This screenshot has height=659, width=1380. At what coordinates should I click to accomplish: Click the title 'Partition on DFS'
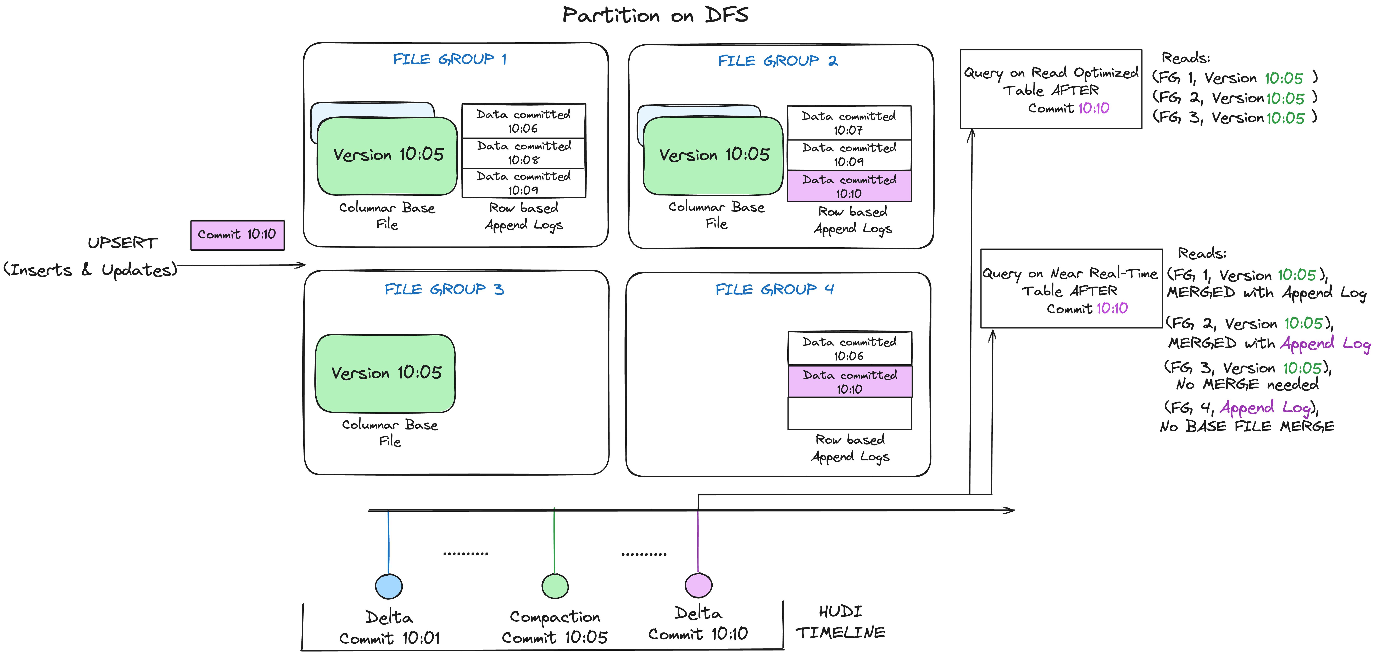(x=655, y=15)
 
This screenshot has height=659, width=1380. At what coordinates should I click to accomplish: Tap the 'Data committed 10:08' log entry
(x=523, y=153)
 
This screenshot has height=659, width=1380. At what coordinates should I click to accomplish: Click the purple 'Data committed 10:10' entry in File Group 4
(x=850, y=381)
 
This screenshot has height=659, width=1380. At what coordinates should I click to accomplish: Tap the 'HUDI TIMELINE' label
(x=840, y=622)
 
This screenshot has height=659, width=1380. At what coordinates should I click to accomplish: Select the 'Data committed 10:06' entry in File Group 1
(x=523, y=121)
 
